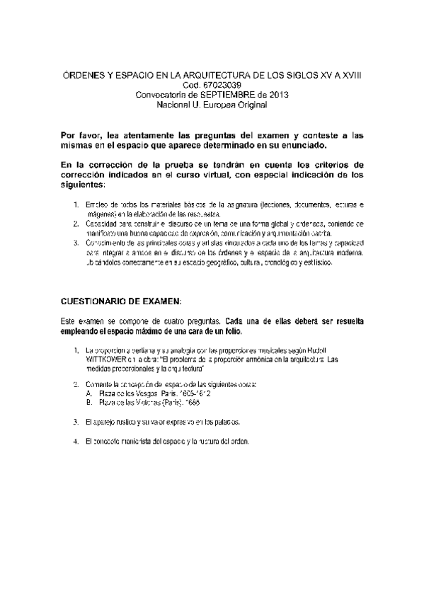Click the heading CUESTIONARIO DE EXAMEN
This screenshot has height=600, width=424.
[121, 301]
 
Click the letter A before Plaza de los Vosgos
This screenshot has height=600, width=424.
[87, 392]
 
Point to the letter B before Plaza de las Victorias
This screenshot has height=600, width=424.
[87, 401]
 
